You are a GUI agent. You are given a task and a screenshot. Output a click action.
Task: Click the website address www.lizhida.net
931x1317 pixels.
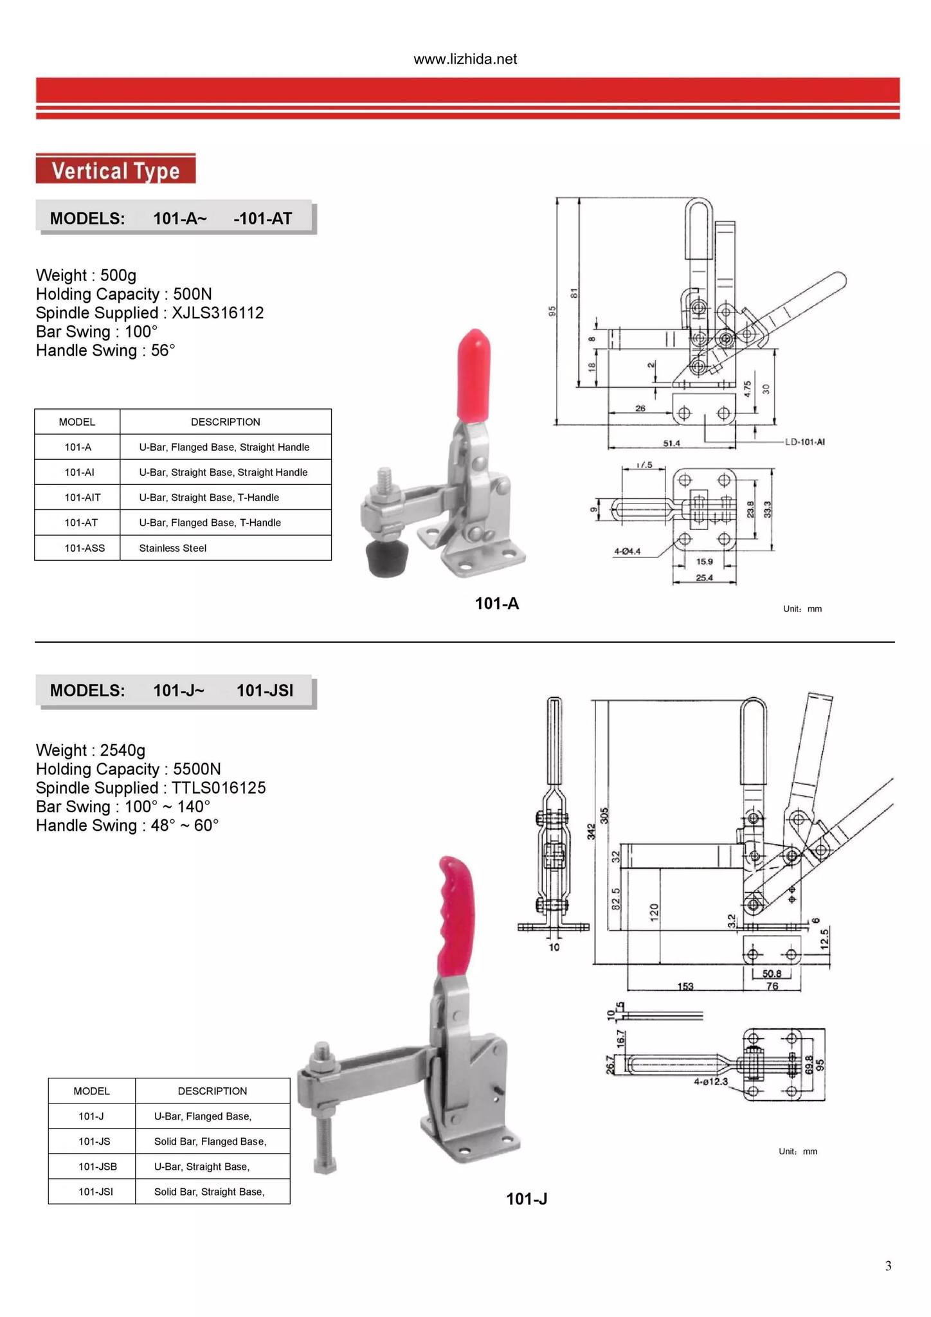465,59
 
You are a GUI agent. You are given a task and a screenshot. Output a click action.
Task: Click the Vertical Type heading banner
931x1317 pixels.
116,170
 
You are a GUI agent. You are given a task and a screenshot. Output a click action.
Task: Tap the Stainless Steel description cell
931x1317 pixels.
173,548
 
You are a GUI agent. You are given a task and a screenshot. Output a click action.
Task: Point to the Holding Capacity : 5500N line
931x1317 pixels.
129,769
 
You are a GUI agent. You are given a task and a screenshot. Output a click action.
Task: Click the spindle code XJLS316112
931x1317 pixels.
218,313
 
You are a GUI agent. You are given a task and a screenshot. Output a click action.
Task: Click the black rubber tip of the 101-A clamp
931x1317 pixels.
384,558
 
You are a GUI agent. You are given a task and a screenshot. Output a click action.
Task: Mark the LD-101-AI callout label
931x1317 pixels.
805,442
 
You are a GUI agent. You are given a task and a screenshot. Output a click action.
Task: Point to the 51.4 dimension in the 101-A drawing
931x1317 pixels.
671,443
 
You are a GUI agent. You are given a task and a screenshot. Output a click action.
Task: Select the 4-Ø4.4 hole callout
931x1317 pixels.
627,551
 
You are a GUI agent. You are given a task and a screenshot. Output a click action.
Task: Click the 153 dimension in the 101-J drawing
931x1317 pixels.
685,986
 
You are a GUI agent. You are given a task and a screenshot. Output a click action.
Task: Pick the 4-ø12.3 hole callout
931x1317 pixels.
710,1082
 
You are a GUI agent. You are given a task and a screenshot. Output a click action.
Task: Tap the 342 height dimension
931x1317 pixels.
591,831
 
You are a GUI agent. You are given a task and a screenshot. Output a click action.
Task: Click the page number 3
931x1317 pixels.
888,1266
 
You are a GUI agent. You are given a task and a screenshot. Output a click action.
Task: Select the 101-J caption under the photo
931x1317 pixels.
527,1199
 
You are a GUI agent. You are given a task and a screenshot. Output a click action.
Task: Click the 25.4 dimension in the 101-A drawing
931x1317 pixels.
704,577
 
